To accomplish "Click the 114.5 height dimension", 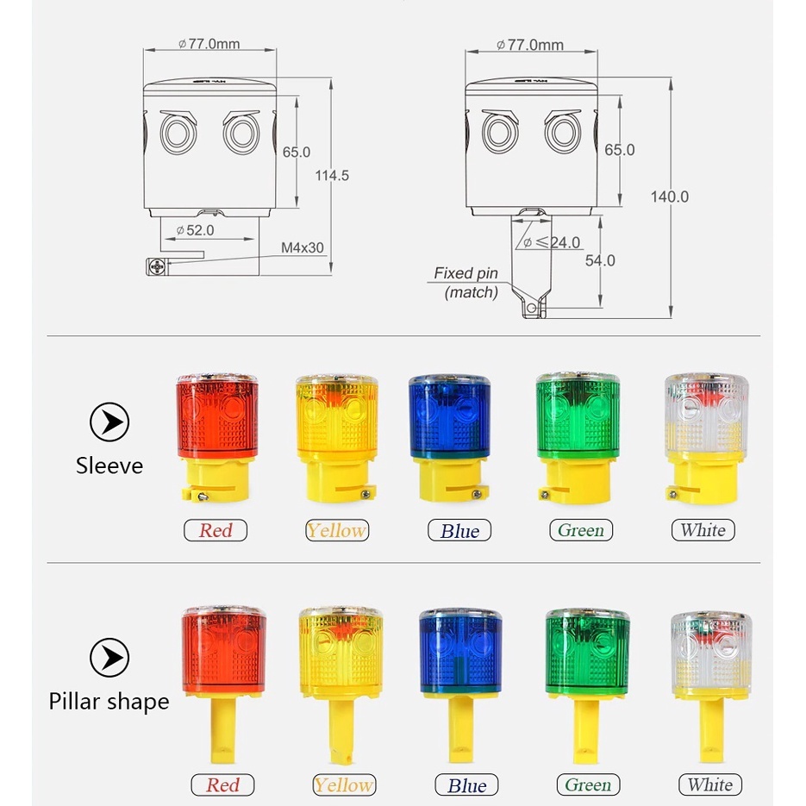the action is coord(332,176).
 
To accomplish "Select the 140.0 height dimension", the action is coord(669,197).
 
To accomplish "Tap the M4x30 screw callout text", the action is coord(303,247).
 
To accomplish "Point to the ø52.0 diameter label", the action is coord(195,230).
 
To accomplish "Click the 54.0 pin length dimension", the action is coord(600,260).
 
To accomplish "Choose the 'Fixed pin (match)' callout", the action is coord(466,283).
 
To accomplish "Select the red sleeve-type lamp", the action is coord(217,437).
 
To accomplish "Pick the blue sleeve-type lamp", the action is coord(450,437).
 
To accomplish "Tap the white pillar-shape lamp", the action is coord(711,687).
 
